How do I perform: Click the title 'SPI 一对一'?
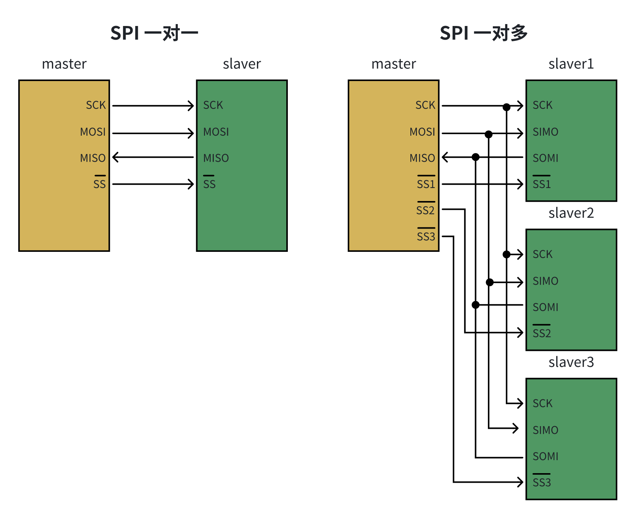click(x=154, y=33)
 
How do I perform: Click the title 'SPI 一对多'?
click(x=483, y=33)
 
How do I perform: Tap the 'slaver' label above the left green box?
click(x=242, y=64)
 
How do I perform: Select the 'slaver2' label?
click(x=571, y=213)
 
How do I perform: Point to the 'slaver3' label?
click(x=571, y=362)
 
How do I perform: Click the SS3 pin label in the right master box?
click(x=426, y=236)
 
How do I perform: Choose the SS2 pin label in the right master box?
click(x=425, y=210)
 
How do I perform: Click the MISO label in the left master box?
click(x=93, y=158)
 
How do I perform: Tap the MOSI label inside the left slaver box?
click(x=216, y=132)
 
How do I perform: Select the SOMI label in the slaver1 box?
click(x=546, y=158)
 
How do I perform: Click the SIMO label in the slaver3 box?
click(x=546, y=430)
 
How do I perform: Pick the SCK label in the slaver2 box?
click(x=542, y=254)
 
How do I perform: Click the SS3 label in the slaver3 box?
click(x=542, y=482)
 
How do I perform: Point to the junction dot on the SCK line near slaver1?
click(x=507, y=107)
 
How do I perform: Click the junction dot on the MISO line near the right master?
click(x=476, y=157)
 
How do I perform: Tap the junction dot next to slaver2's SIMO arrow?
click(x=490, y=282)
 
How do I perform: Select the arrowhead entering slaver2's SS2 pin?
click(x=520, y=332)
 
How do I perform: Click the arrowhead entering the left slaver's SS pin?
click(x=191, y=184)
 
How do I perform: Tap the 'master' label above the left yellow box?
click(x=64, y=64)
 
